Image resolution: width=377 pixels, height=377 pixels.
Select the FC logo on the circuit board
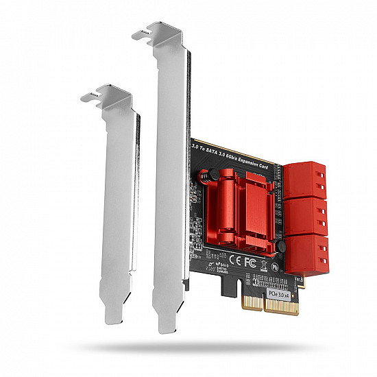[x=250, y=261]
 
